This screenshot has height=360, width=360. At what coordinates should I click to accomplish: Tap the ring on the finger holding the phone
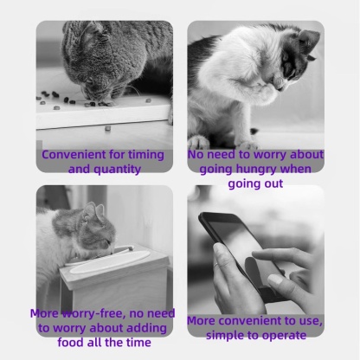pyautogui.click(x=216, y=265)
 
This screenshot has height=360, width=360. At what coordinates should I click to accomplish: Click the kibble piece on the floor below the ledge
pyautogui.click(x=107, y=128)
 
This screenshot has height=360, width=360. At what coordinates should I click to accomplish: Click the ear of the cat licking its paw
pyautogui.click(x=309, y=40)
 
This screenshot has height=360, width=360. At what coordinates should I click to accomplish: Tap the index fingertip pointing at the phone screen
pyautogui.click(x=256, y=254)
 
